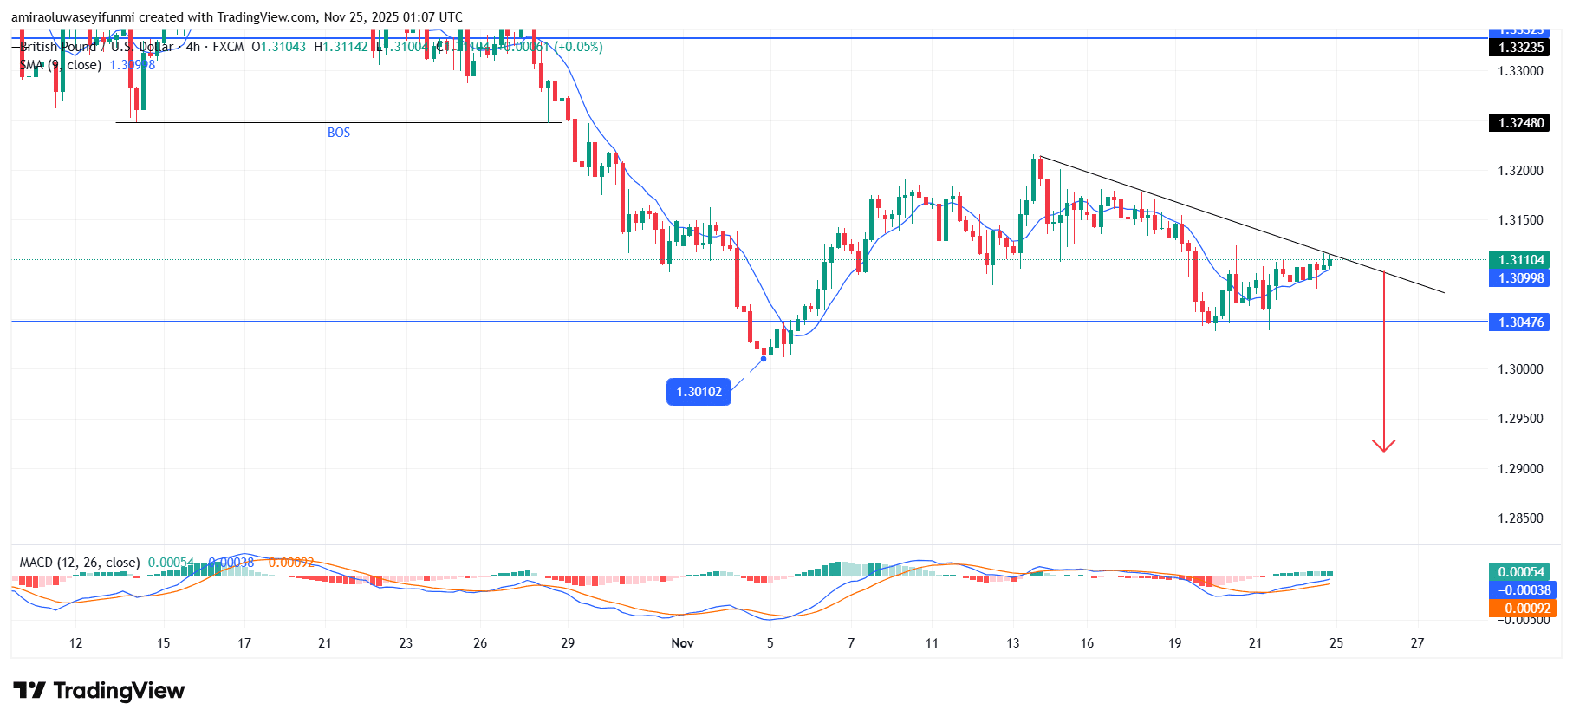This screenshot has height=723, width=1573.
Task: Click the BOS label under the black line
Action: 339,133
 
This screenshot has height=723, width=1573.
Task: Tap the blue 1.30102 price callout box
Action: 699,392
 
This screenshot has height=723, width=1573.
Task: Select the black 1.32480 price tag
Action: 1521,123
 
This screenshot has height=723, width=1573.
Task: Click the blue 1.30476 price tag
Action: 1521,322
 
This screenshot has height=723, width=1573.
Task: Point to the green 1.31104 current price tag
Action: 1521,260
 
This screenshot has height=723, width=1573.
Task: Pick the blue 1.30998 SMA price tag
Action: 1521,278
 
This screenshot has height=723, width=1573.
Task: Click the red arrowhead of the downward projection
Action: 1383,446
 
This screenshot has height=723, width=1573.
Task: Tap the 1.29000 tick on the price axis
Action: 1521,469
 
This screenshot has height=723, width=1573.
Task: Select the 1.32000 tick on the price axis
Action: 1521,171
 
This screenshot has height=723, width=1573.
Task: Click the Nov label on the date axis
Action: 683,643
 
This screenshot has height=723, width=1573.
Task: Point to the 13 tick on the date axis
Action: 1013,643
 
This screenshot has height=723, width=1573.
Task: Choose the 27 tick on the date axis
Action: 1417,643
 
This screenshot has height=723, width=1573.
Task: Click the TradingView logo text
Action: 119,691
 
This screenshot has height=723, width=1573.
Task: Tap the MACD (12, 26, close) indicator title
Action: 80,563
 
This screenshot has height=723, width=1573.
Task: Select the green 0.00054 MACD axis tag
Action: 1521,572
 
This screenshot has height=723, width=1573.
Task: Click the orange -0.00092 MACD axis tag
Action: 1521,609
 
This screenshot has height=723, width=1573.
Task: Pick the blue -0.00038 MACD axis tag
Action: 1521,590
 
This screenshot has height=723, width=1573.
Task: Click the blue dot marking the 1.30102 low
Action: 763,359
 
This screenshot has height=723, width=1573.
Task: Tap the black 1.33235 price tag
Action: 1521,48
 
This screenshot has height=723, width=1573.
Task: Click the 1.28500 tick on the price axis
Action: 1521,518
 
